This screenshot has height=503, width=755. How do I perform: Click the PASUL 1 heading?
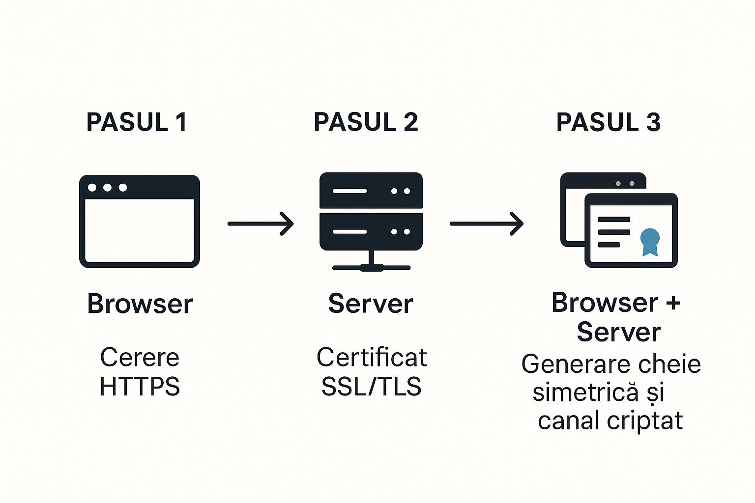point(137,122)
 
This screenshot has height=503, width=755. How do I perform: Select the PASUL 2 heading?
point(366,122)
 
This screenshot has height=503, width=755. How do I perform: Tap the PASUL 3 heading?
point(608,122)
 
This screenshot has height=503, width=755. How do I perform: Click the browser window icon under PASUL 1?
point(140,222)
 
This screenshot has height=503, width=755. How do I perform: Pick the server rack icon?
point(371,221)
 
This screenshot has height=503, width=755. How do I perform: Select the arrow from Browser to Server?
point(261,224)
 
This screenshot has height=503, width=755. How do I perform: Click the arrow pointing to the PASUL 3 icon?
point(486,224)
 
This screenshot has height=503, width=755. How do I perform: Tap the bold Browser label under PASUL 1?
point(140,304)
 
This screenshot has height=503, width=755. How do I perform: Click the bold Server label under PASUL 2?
point(371,304)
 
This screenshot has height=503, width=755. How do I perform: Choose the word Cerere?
point(140,357)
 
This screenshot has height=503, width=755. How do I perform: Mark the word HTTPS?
point(140,387)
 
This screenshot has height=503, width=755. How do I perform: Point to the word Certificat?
point(372,357)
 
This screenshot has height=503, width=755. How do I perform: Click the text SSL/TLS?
point(372,387)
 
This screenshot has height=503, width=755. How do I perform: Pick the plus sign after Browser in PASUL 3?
point(673,303)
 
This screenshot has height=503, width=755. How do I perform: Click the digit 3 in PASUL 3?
point(653,122)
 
